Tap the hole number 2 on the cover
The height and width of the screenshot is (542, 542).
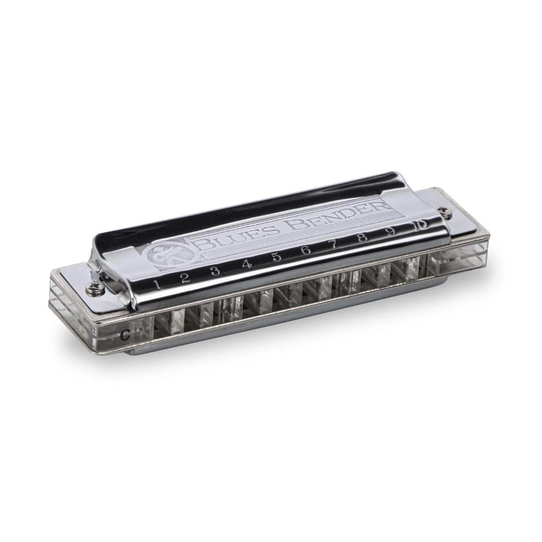tap(185, 278)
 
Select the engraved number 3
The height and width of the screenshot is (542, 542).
tap(215, 270)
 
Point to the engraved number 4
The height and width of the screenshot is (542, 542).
tap(247, 264)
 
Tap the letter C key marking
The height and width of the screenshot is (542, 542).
tap(125, 334)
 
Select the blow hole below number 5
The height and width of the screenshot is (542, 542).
tap(286, 295)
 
